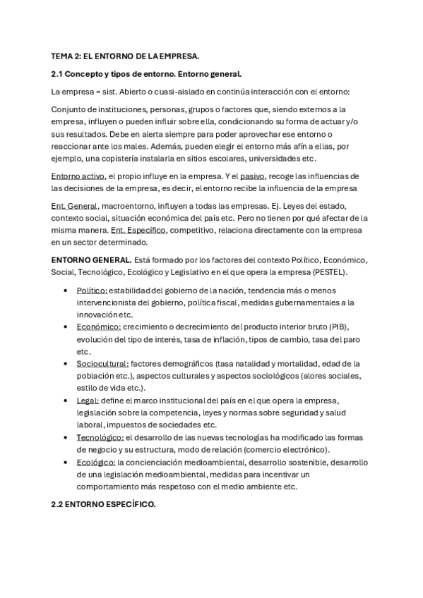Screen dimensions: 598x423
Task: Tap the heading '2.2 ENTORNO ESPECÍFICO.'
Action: [103, 505]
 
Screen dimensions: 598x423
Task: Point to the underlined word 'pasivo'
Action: [253, 176]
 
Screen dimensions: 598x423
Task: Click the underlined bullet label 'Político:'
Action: [92, 291]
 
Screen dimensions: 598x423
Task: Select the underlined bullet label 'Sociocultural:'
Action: [102, 364]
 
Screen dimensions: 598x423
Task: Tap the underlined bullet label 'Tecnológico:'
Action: [100, 438]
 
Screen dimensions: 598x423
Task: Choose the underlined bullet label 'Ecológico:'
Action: [96, 462]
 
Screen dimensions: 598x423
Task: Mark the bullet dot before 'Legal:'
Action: [66, 401]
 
